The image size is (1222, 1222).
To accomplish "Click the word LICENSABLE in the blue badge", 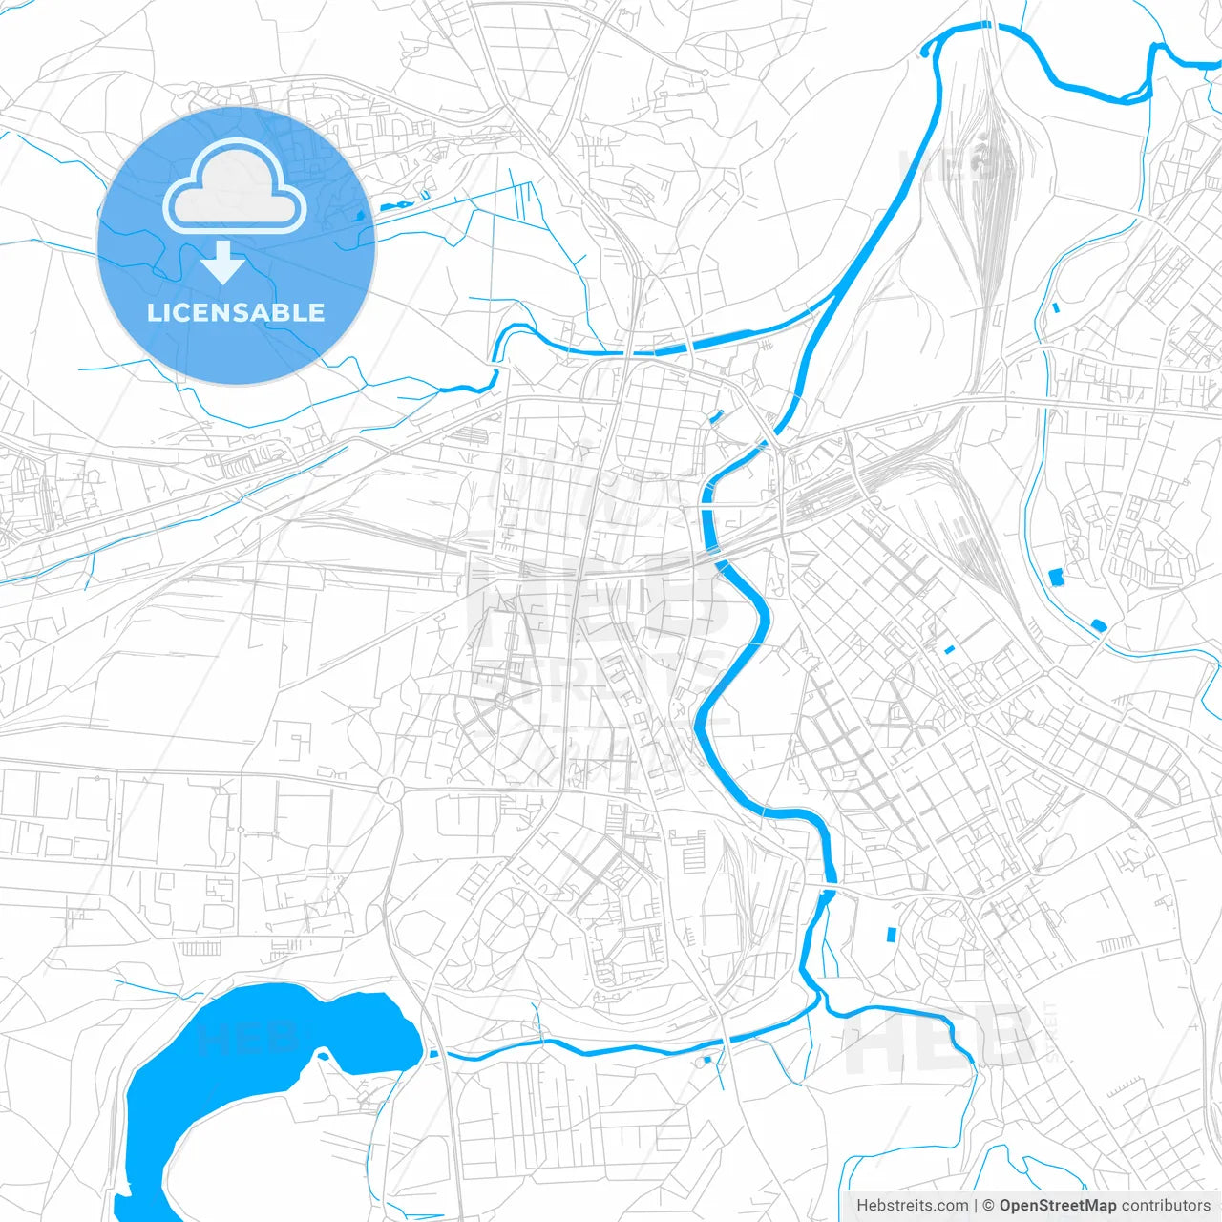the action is coord(236,312).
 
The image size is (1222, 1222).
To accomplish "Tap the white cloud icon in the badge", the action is coord(235,189).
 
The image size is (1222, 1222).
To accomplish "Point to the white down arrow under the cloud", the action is coord(223,263).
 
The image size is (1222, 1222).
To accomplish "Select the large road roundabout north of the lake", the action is coord(391,790).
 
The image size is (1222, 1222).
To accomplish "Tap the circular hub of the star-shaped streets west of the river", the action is coord(502,703).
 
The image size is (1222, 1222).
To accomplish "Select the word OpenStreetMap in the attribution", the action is coord(1058,1206).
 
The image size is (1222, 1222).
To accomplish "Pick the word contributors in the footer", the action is coord(1166,1206).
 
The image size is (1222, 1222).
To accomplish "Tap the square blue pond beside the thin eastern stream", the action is coord(1056,577).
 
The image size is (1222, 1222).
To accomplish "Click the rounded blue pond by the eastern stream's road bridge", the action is coord(1099,625).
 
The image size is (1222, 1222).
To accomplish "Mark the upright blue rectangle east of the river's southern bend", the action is coord(892,935).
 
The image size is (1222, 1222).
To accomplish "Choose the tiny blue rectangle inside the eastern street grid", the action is coord(949,650).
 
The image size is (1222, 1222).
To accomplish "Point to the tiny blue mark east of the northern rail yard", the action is coord(1055,307).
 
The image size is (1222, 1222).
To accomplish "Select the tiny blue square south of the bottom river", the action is coord(706,1060).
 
